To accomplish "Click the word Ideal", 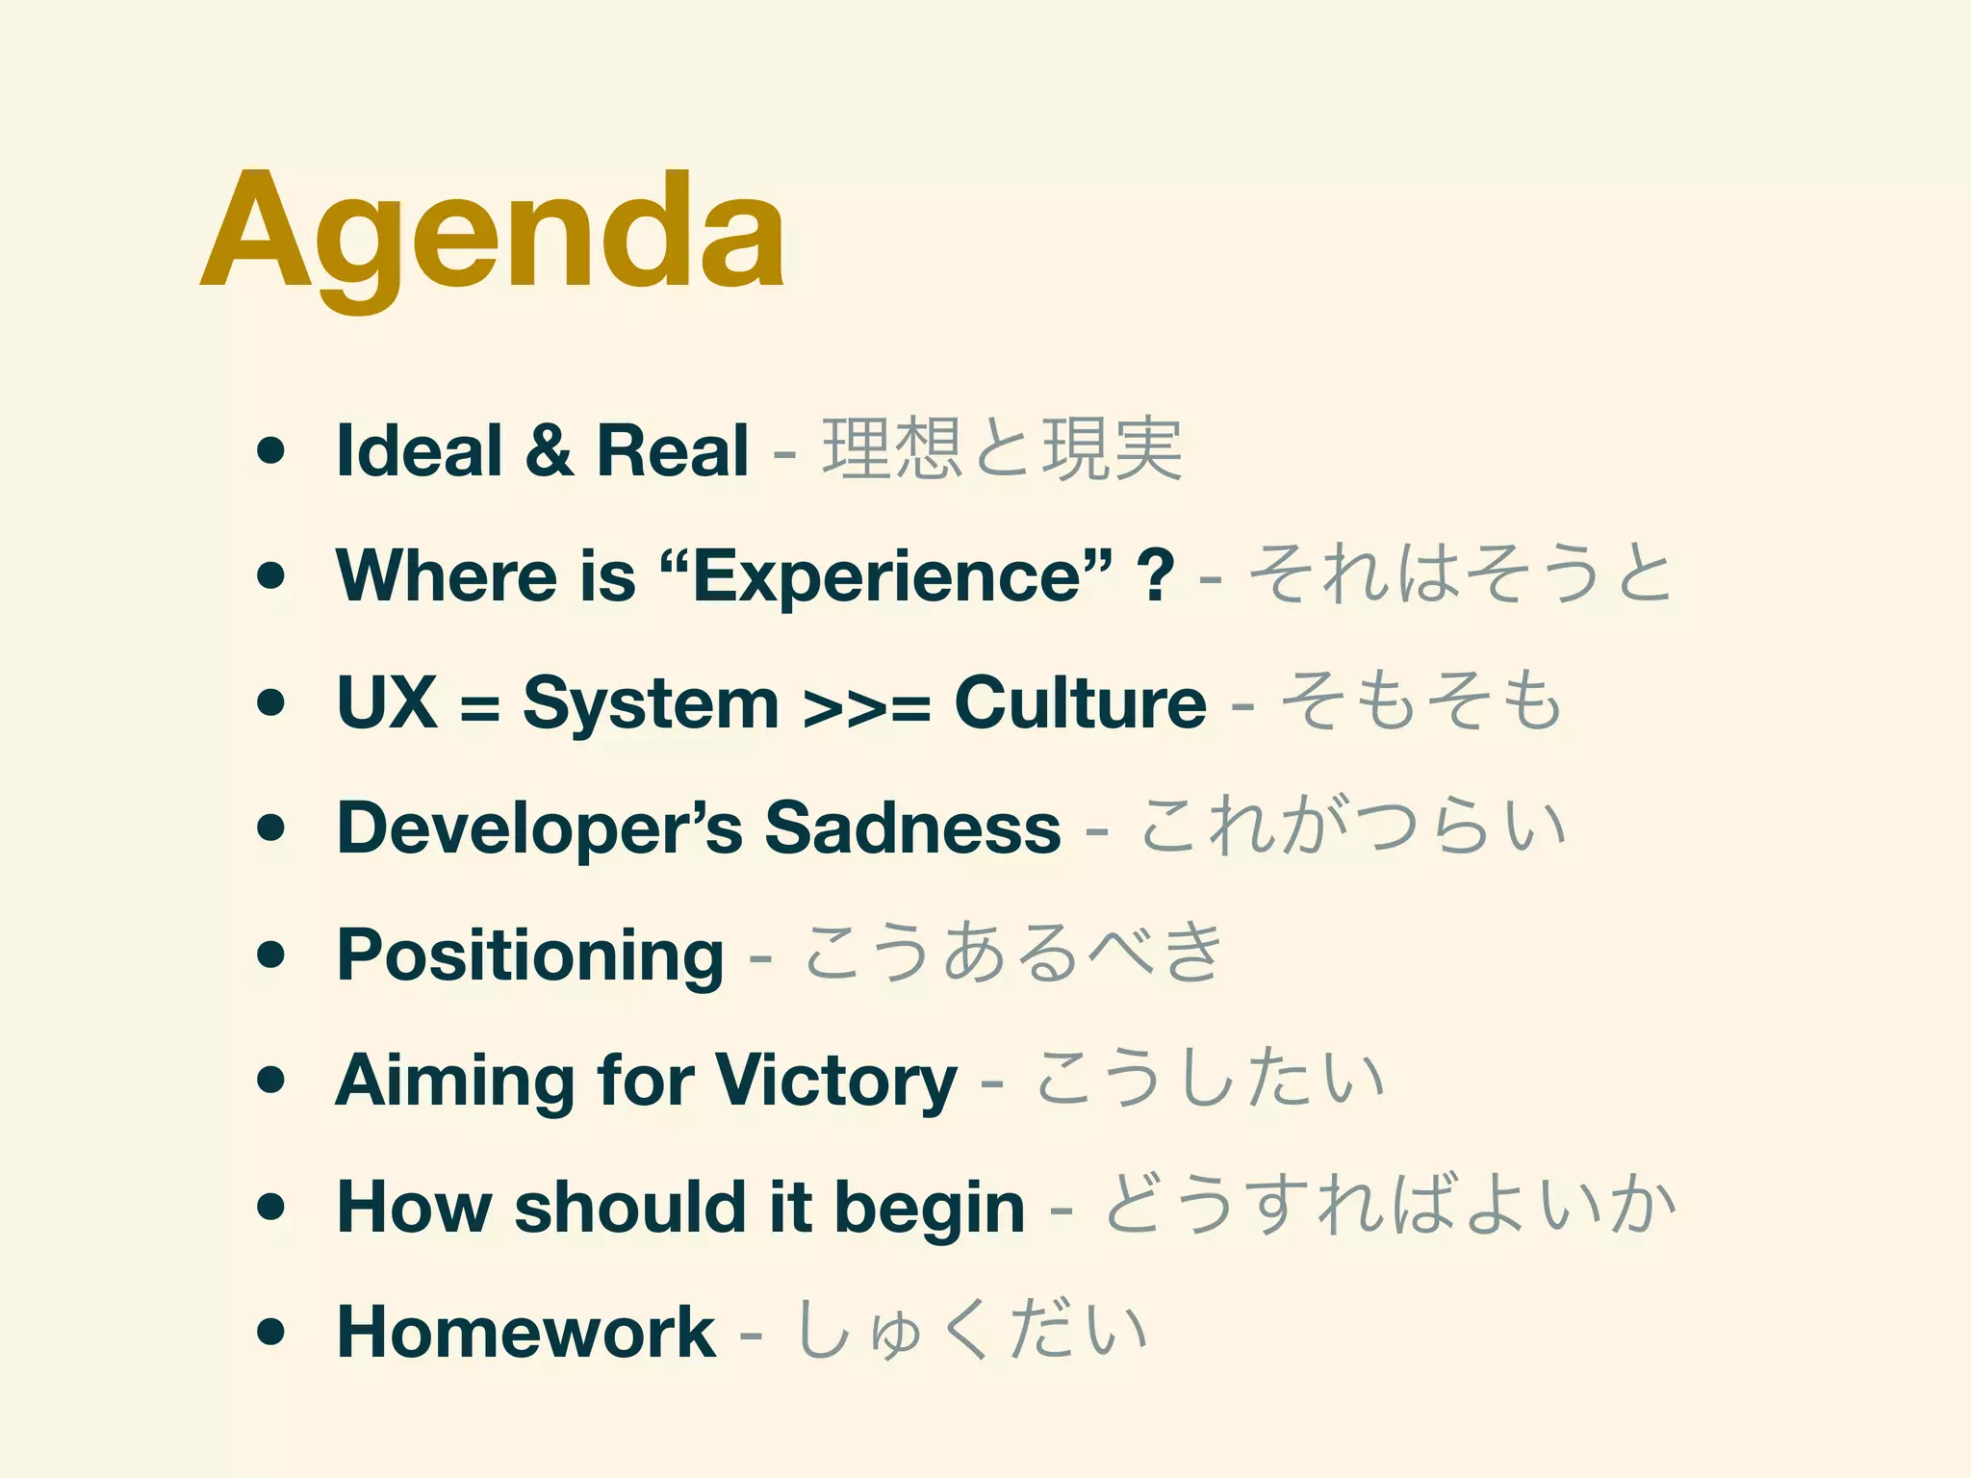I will [x=419, y=450].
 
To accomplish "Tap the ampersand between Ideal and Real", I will [x=549, y=450].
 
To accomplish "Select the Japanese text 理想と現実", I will [x=1002, y=450].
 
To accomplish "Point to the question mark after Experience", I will [x=1155, y=575].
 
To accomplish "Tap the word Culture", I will [x=1080, y=702].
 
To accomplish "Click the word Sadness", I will [x=912, y=828].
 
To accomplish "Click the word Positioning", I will [x=530, y=956].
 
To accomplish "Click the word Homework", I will [x=525, y=1332].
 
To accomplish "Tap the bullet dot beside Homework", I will [x=272, y=1332].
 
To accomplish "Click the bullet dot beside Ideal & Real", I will [x=272, y=450].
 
